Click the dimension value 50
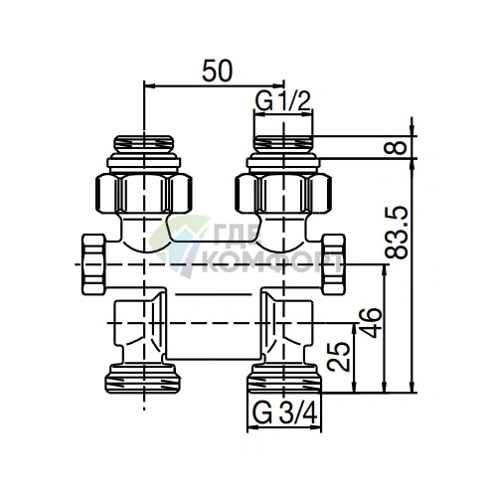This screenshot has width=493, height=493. (x=218, y=71)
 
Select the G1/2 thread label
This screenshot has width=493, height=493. (x=283, y=100)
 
